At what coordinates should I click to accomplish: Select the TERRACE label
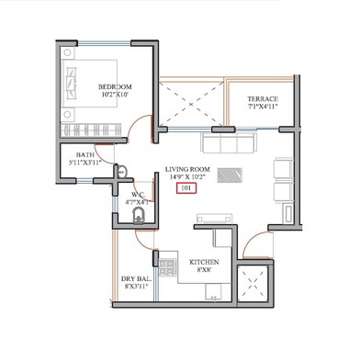click(262, 98)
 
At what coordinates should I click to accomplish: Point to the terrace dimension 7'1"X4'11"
click(262, 107)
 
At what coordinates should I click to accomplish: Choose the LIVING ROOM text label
click(187, 169)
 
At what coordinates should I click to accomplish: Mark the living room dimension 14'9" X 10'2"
click(187, 177)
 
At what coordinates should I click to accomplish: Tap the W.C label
click(137, 194)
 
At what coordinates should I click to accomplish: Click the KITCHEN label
click(205, 262)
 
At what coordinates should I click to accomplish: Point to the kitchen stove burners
click(168, 268)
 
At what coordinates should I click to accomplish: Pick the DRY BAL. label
click(135, 278)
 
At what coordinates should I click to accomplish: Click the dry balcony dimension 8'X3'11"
click(135, 288)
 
